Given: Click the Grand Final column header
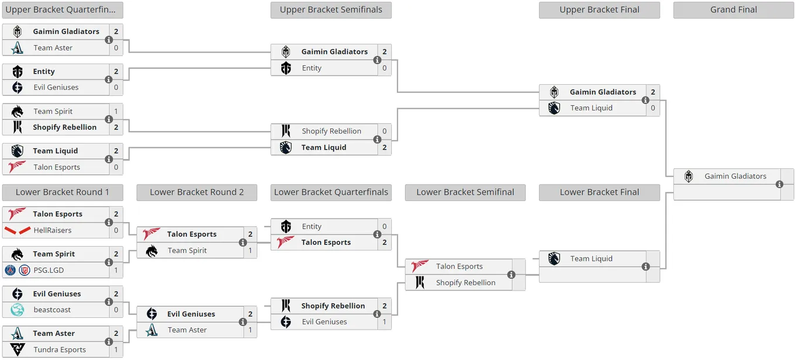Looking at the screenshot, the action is (x=733, y=10).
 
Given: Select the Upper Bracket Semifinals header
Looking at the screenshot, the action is (x=331, y=10).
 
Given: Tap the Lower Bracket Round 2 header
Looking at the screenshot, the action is (x=196, y=192).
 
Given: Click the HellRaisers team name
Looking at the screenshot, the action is (x=53, y=230).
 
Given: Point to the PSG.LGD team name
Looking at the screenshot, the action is (x=49, y=270).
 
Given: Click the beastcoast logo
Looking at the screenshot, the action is (x=18, y=310).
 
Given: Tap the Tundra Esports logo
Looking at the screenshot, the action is (x=18, y=349).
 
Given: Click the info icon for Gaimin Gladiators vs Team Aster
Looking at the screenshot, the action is (x=109, y=40).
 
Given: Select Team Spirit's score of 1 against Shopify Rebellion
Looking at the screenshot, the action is (x=116, y=112).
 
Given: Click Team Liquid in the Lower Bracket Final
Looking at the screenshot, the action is (x=592, y=258).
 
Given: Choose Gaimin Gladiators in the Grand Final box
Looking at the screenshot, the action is (x=735, y=176).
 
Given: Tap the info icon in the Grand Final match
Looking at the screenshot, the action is (x=779, y=185).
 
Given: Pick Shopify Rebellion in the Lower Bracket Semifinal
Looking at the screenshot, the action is (x=466, y=283).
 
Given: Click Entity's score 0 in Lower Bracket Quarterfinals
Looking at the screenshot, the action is (x=385, y=226).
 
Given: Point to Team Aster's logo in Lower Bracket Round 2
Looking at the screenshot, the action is (x=152, y=330).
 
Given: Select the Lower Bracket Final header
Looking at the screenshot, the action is (x=599, y=192).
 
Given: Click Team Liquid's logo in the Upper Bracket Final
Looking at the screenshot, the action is (x=554, y=108).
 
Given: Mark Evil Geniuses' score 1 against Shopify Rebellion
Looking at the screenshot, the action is (x=385, y=321).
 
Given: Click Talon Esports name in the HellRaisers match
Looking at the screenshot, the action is (x=57, y=214).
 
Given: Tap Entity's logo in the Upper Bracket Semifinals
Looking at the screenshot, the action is (x=286, y=68).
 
